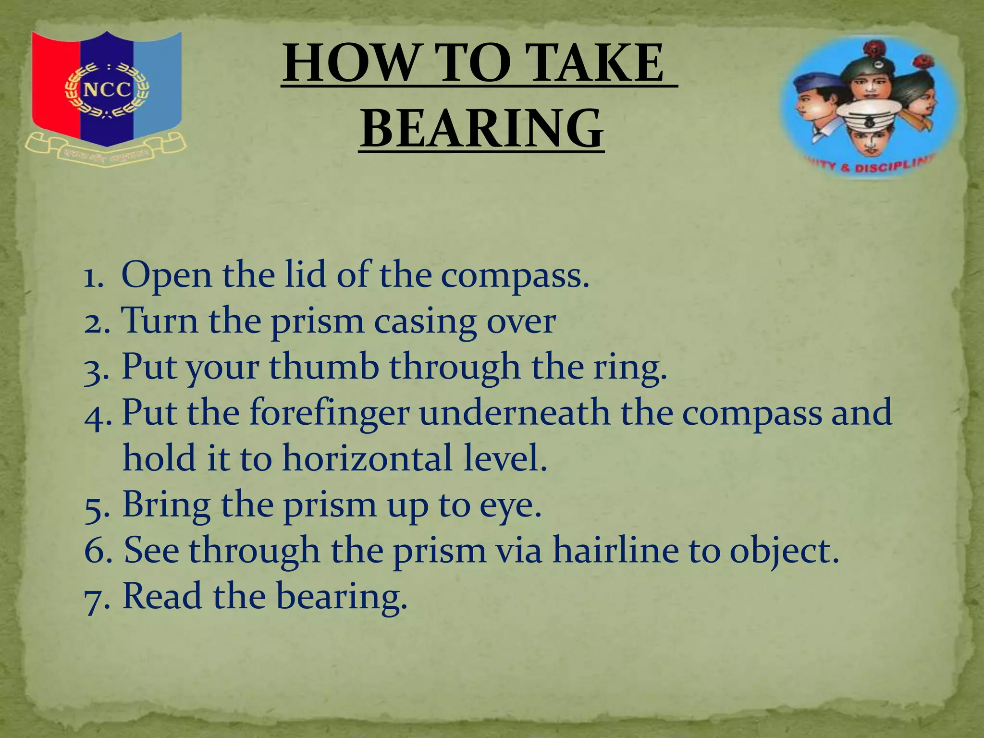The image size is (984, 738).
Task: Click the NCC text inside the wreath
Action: pyautogui.click(x=107, y=90)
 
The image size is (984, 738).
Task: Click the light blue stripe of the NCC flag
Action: pyautogui.click(x=157, y=86)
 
